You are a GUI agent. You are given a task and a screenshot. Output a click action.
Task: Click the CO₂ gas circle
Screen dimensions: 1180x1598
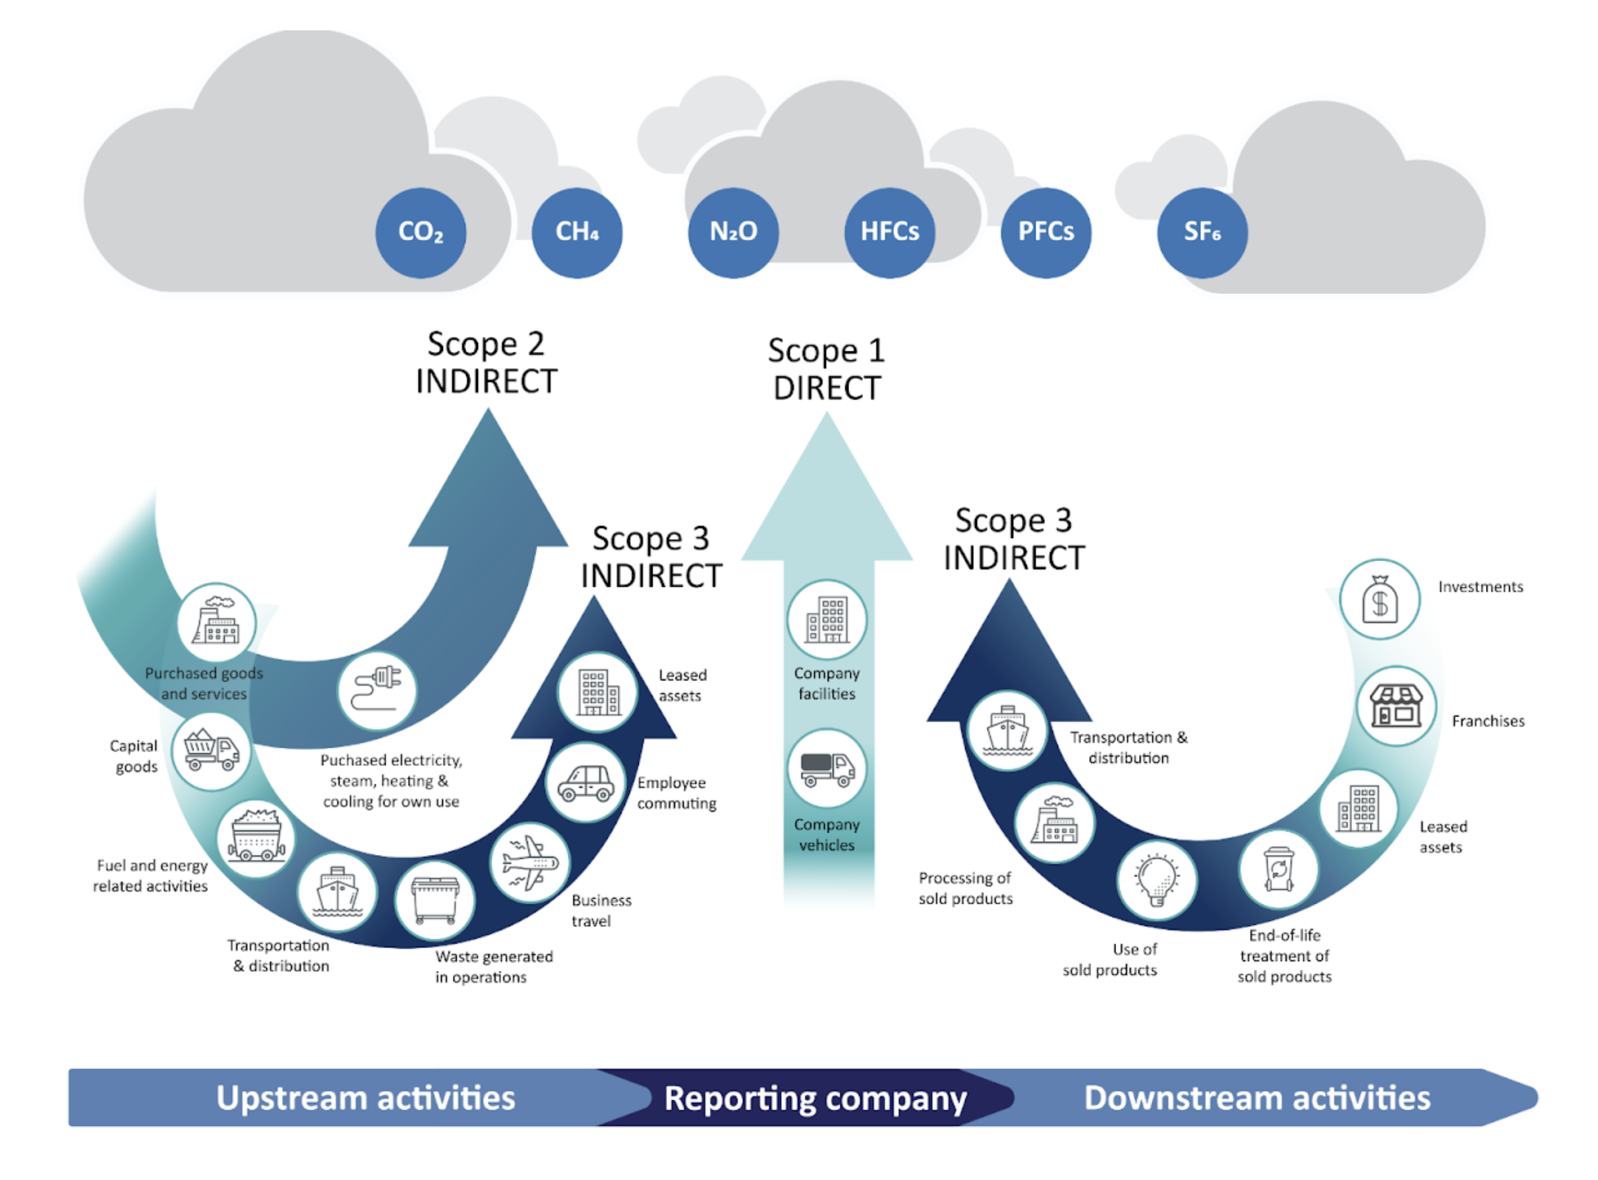pos(421,233)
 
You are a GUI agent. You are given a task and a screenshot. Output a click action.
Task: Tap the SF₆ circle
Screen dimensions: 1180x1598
pos(1202,233)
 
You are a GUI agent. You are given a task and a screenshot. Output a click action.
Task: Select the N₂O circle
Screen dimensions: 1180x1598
pos(734,233)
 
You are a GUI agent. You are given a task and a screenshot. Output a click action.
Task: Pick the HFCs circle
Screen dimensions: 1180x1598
pos(889,233)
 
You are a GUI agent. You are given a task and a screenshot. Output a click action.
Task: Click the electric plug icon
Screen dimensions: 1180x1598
pos(377,690)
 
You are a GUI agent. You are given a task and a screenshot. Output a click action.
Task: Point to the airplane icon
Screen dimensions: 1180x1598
pos(529,863)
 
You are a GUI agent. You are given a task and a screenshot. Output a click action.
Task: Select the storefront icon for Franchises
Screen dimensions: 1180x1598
pos(1396,706)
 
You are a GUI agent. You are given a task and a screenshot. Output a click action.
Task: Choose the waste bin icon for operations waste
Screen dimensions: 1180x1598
pos(434,900)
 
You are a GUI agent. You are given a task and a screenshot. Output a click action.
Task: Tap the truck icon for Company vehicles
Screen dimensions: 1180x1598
pos(827,769)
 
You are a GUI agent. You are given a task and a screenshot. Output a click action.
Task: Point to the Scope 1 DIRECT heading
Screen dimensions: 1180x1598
pos(827,369)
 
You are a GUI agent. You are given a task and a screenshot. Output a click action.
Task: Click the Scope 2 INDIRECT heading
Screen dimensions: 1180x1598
pos(487,363)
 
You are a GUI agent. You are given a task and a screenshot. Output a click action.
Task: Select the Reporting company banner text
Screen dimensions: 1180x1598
pos(815,1098)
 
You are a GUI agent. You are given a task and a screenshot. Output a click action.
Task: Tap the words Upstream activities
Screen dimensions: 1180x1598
pos(366,1098)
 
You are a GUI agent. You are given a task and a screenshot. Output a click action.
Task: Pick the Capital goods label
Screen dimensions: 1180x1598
pos(134,756)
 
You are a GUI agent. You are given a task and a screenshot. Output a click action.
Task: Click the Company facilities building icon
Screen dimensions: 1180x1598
pos(827,620)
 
